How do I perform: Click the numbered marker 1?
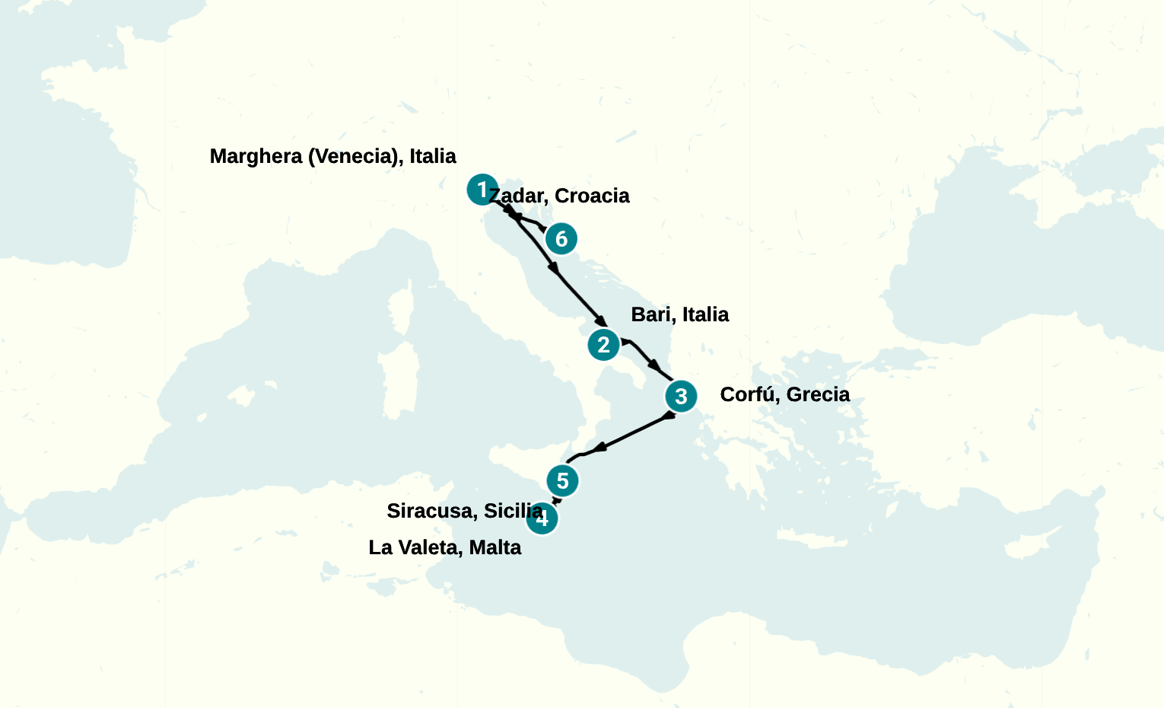tap(482, 190)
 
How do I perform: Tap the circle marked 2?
tap(604, 345)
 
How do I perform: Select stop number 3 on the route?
tap(681, 396)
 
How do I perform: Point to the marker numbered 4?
tap(542, 519)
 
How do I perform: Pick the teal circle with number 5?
tap(563, 481)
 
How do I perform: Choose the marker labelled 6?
tap(561, 239)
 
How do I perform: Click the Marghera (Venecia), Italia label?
tap(332, 156)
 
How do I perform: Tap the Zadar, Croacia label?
tap(560, 196)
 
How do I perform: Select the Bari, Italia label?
tap(679, 314)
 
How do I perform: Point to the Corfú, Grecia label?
tap(784, 394)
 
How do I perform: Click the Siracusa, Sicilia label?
tap(464, 511)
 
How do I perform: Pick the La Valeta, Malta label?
tap(444, 547)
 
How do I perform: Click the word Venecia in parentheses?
tap(354, 156)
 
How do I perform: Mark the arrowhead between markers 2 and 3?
tap(654, 365)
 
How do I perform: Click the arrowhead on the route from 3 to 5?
tap(599, 448)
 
